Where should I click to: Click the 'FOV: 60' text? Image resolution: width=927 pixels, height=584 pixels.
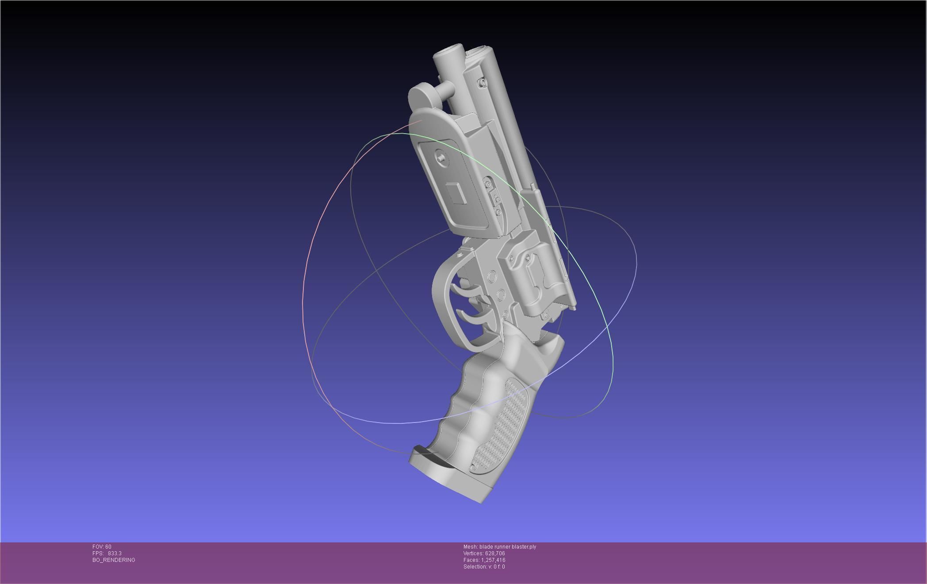(x=102, y=547)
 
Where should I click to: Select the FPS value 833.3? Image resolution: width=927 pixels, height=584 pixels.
(x=115, y=553)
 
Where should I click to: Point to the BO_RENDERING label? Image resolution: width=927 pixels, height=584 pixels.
(x=114, y=560)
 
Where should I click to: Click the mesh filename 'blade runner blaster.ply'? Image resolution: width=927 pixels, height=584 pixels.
(x=507, y=547)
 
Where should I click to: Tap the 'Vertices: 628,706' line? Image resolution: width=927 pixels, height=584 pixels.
(x=484, y=553)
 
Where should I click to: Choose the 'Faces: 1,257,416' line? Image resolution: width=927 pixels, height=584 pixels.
(x=484, y=560)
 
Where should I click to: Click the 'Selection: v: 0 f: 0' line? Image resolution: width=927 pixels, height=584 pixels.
(x=484, y=567)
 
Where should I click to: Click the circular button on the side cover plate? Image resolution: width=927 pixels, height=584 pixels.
(x=441, y=156)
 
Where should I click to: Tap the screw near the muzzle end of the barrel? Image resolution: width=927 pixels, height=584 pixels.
(x=482, y=82)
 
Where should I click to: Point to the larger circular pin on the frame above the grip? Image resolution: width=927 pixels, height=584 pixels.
(x=501, y=295)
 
